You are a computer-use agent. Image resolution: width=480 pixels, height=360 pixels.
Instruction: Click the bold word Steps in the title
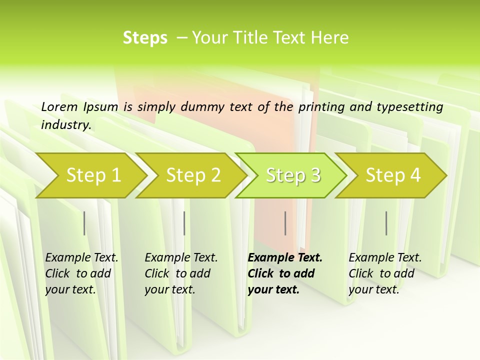145,38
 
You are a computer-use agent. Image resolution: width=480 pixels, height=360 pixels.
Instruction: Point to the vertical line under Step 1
84,223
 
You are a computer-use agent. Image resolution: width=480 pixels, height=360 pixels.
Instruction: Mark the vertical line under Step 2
184,223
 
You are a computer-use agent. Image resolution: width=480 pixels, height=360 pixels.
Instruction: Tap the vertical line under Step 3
285,223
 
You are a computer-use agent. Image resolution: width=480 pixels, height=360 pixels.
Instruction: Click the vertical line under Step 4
386,223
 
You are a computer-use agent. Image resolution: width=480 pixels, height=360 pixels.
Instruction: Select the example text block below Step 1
81,273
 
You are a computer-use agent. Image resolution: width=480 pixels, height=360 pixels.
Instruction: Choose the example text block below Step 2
181,273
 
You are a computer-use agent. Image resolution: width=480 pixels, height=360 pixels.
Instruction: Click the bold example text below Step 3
285,273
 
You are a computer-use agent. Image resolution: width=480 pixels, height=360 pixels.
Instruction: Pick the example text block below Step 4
385,273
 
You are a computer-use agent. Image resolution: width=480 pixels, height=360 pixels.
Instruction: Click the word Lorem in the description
59,107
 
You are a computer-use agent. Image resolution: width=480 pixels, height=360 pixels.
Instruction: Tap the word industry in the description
66,125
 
